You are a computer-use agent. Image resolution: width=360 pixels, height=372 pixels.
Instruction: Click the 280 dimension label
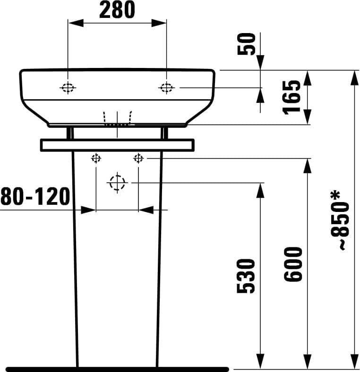[117, 10]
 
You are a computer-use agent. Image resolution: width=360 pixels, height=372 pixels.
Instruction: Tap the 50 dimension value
[246, 44]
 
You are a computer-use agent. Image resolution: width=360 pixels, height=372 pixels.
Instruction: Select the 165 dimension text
[291, 97]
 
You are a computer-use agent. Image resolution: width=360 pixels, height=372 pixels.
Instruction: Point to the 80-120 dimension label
[35, 196]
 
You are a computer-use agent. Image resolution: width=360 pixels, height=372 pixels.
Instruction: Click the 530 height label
[246, 276]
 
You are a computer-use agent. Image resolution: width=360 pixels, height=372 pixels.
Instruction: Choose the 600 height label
[293, 264]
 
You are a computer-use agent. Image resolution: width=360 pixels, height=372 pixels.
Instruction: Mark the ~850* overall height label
[340, 220]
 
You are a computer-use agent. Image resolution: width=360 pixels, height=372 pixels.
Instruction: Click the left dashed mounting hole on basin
[68, 88]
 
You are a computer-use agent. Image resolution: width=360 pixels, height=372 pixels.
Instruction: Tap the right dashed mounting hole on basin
[166, 88]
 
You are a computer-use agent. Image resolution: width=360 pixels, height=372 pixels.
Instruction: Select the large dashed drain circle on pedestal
[117, 183]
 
